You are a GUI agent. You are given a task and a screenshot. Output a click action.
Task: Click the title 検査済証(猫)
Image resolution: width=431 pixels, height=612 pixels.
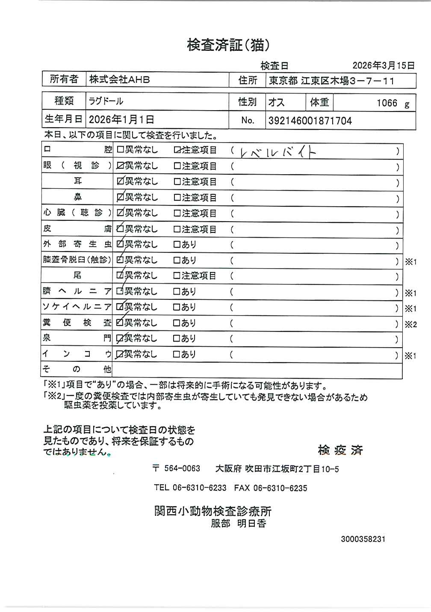coord(228,45)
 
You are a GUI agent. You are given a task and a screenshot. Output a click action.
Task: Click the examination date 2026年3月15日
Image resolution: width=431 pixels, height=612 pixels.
coord(383,65)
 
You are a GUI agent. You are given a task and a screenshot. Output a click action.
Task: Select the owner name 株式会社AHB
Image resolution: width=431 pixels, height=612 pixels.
coord(119,79)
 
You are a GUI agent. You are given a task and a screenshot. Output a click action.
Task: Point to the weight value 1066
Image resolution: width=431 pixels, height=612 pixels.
coord(387,103)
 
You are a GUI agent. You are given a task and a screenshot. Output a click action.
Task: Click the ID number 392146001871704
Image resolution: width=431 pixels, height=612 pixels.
coord(310,121)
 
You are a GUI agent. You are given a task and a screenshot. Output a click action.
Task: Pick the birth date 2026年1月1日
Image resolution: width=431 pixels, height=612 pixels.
coord(121,120)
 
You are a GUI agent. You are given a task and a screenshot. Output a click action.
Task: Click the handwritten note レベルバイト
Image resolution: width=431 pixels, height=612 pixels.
coord(278,152)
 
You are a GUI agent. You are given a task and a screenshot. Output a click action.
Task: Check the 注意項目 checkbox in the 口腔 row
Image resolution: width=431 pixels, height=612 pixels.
coord(177,150)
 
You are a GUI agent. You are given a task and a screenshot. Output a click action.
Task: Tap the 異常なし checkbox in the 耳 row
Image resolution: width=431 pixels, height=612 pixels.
coord(120,182)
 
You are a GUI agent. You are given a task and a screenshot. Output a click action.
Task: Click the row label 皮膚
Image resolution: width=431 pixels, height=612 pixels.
coord(77,229)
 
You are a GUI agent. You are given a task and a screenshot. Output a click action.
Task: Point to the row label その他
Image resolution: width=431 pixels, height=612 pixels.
coord(77,369)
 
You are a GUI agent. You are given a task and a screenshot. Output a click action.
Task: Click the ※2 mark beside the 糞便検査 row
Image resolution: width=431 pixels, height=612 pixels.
coord(410,325)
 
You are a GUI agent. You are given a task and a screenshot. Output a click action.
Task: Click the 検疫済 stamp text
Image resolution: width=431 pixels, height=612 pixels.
coord(340,450)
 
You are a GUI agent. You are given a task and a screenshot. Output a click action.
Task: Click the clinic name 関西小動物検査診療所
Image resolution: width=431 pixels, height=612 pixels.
coord(213,511)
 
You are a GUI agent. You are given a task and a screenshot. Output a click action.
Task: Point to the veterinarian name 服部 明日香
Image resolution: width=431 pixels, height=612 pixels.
coord(238,523)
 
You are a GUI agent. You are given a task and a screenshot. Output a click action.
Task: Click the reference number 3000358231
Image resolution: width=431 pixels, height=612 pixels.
coord(363,539)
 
